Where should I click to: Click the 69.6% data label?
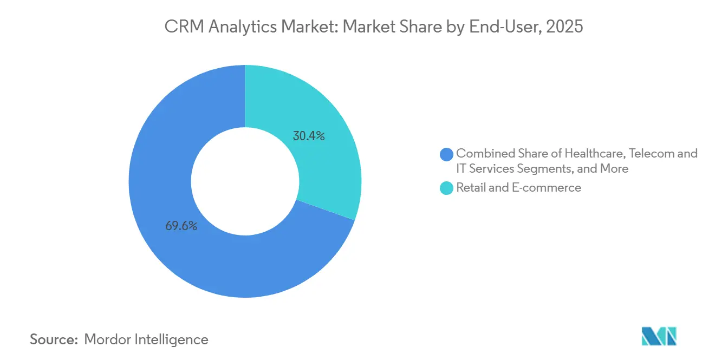pyautogui.click(x=181, y=226)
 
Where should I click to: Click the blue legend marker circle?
pyautogui.click(x=447, y=154)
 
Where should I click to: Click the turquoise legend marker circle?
pyautogui.click(x=447, y=188)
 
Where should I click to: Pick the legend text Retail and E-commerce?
pyautogui.click(x=518, y=188)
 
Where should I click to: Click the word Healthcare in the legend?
pyautogui.click(x=595, y=153)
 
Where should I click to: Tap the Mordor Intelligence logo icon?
pyautogui.click(x=659, y=337)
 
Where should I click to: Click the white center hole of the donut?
pyautogui.click(x=245, y=181)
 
